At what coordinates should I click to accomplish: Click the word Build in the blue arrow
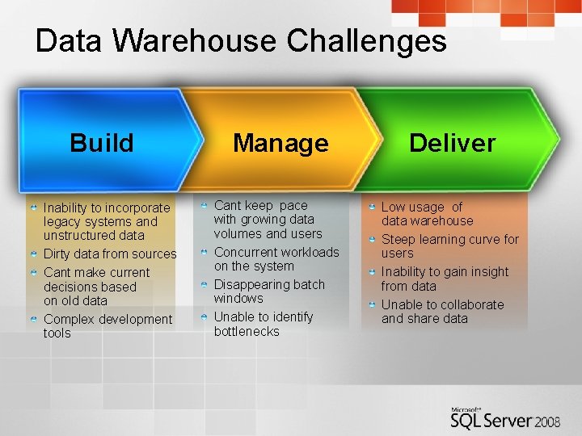[x=101, y=143]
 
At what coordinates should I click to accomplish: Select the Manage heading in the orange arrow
[x=280, y=144]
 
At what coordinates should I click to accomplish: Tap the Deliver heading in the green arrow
[x=452, y=143]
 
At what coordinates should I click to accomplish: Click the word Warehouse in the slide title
[x=200, y=41]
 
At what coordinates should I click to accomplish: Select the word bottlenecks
[x=247, y=331]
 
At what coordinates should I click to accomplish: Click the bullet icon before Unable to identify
[x=205, y=317]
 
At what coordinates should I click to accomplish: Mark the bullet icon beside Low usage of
[x=372, y=207]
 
